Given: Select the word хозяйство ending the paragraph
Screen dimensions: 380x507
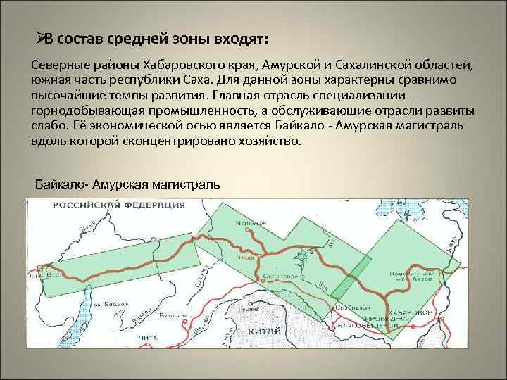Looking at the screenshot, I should pyautogui.click(x=271, y=141).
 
